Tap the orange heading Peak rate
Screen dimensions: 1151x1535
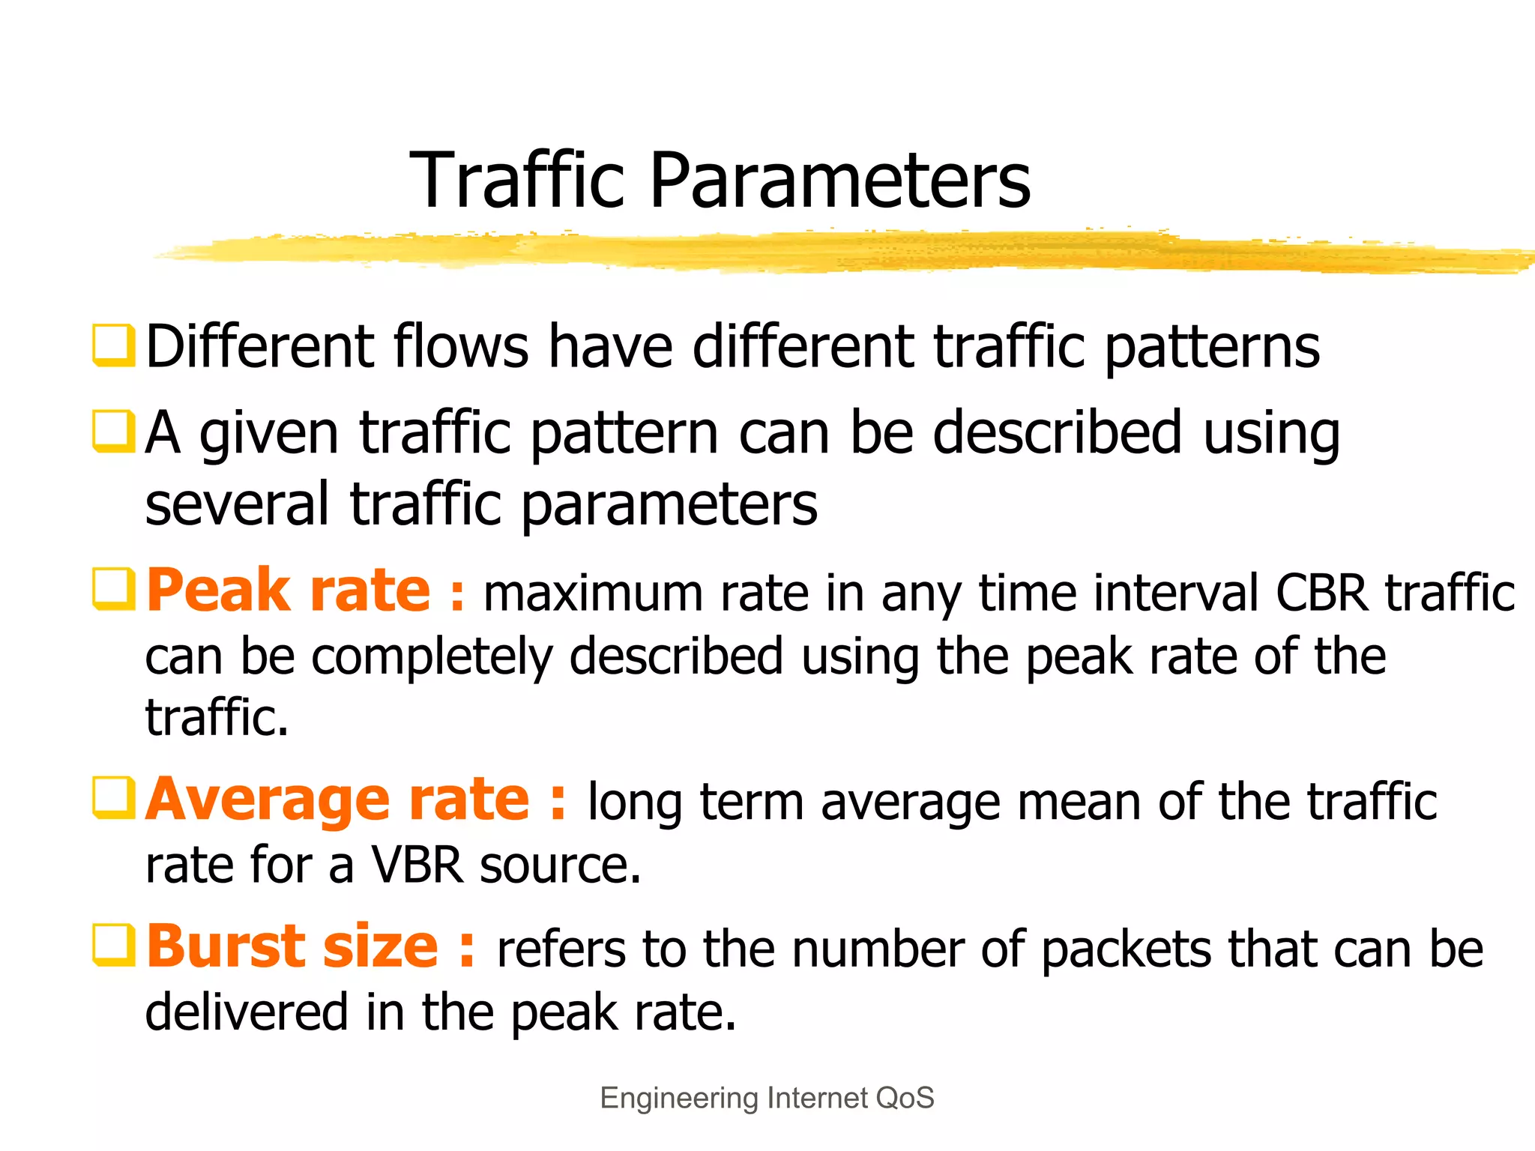[289, 591]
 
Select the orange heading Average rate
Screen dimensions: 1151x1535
[338, 800]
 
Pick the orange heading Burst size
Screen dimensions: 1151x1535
[292, 946]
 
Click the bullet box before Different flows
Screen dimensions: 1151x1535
[113, 345]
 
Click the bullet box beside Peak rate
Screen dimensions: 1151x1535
[113, 590]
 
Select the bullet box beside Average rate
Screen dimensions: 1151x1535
[113, 798]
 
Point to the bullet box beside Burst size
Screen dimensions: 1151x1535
[113, 945]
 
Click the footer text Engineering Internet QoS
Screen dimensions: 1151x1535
[767, 1099]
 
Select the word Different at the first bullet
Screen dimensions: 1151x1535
[259, 347]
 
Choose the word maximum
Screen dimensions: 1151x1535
[593, 593]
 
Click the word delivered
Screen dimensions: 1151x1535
[247, 1012]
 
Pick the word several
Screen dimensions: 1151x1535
[237, 505]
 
